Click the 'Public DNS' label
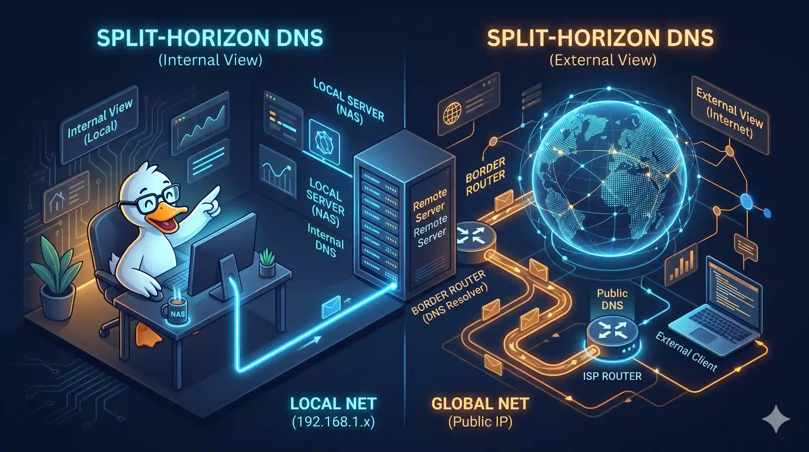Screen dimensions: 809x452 (x=612, y=299)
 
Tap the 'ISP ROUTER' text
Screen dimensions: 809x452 (x=612, y=376)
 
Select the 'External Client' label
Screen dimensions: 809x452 (x=686, y=351)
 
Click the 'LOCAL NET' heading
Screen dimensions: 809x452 (x=333, y=404)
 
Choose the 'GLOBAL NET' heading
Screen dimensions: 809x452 (x=480, y=404)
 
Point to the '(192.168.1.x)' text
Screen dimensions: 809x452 (x=333, y=422)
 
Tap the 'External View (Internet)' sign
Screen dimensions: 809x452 (x=730, y=115)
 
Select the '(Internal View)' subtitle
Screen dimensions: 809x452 (x=210, y=60)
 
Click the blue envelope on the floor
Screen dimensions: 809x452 (x=331, y=306)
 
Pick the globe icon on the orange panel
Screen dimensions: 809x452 (x=452, y=114)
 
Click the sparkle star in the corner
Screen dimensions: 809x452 (x=776, y=419)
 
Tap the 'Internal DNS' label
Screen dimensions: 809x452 (x=326, y=240)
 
